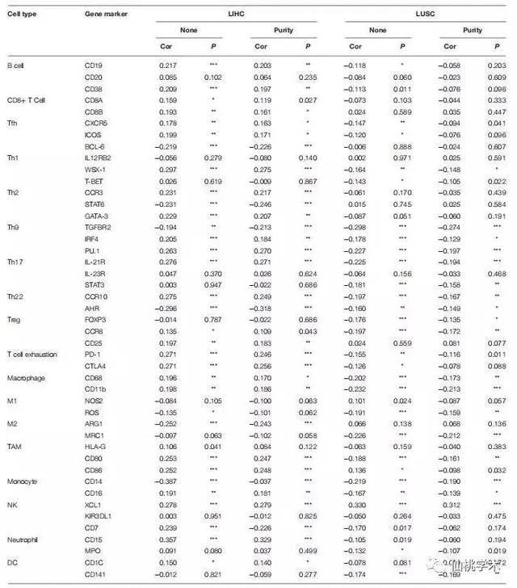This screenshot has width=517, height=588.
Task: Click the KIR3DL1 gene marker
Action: pos(99,514)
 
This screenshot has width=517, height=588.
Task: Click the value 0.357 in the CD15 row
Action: pos(167,538)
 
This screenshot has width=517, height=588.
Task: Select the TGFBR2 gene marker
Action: pos(97,229)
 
